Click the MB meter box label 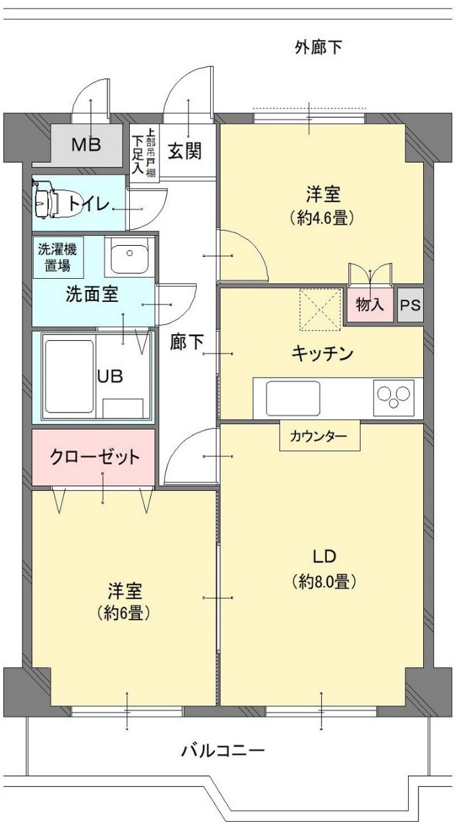pos(86,144)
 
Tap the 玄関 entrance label pos(185,152)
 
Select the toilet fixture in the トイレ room pos(56,202)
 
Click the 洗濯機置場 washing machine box pos(57,258)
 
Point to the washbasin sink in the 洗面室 pos(129,256)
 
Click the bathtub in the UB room pos(69,376)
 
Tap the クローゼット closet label pos(94,456)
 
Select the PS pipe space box pos(410,305)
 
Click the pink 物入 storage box pos(370,305)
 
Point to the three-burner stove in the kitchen pos(394,397)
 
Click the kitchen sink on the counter pos(293,398)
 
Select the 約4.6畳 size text pos(322,218)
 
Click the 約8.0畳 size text pos(324,581)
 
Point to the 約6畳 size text pos(123,613)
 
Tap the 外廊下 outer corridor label pos(318,47)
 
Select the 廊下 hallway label pos(187,341)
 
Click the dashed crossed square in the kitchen pos(320,309)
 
